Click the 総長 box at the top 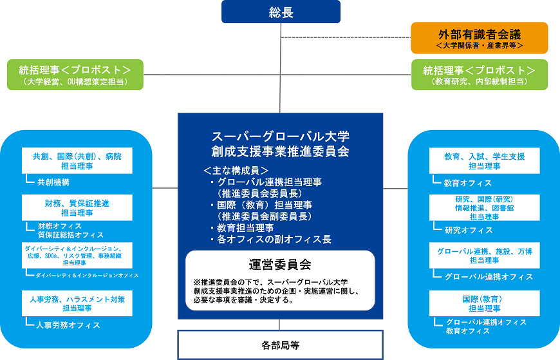pyautogui.click(x=281, y=12)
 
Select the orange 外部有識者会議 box pyautogui.click(x=479, y=38)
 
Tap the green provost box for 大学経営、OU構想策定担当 pyautogui.click(x=75, y=75)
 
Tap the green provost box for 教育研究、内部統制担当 pyautogui.click(x=479, y=75)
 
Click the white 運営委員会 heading pyautogui.click(x=280, y=264)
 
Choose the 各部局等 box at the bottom pyautogui.click(x=280, y=345)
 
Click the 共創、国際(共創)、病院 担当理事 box pyautogui.click(x=77, y=161)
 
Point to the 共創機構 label pyautogui.click(x=53, y=182)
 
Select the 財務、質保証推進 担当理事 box pyautogui.click(x=77, y=207)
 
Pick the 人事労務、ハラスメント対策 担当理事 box pyautogui.click(x=77, y=304)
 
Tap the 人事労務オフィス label pyautogui.click(x=68, y=325)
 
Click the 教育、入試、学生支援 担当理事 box pyautogui.click(x=484, y=161)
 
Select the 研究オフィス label pyautogui.click(x=468, y=230)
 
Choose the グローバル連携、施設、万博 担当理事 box pyautogui.click(x=484, y=255)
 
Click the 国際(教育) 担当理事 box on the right pyautogui.click(x=484, y=303)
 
